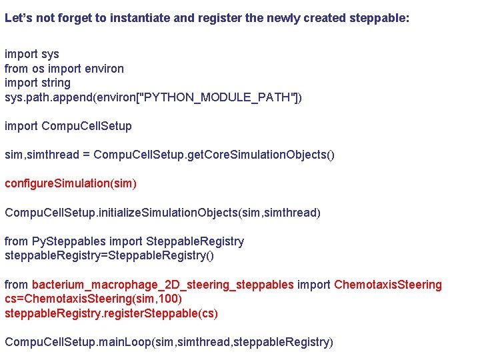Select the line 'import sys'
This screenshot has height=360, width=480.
pos(32,54)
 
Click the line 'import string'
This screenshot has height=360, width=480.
pos(37,83)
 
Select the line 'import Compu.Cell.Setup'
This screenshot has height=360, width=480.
pos(68,126)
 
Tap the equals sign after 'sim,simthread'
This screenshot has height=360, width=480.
pos(85,155)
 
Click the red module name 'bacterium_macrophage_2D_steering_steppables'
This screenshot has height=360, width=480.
pos(163,285)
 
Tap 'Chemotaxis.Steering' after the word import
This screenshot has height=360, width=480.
pos(387,285)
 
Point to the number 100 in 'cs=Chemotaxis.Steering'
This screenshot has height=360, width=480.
pos(170,299)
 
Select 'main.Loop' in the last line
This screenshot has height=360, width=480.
pos(125,342)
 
